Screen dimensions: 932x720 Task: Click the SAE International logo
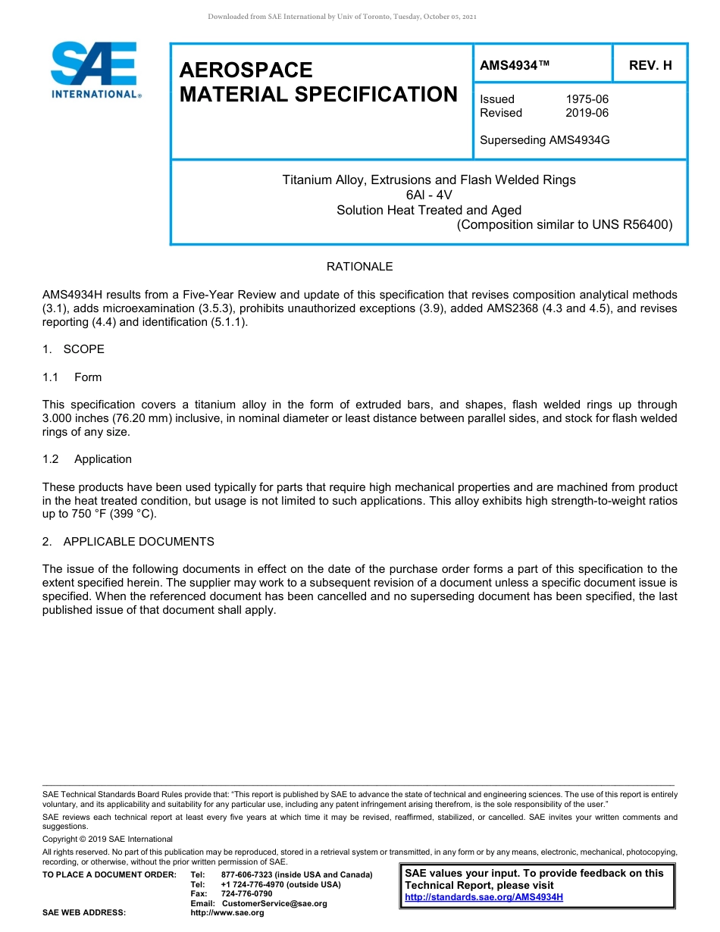(95, 70)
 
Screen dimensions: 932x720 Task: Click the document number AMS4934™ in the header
(515, 66)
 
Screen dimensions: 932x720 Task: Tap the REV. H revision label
(650, 66)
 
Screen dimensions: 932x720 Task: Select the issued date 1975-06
(587, 99)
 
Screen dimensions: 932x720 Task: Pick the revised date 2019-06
(587, 113)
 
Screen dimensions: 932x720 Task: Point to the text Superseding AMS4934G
(545, 140)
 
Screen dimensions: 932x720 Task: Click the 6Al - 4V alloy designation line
(429, 195)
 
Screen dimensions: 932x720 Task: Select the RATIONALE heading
(359, 267)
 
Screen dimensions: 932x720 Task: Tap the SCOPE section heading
(83, 349)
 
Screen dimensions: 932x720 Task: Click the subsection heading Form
(88, 377)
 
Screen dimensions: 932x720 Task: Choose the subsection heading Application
(103, 459)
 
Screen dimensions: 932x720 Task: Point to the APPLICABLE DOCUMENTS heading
(139, 542)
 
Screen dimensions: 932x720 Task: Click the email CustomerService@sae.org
(274, 903)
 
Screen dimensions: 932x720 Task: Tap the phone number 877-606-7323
(247, 875)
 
